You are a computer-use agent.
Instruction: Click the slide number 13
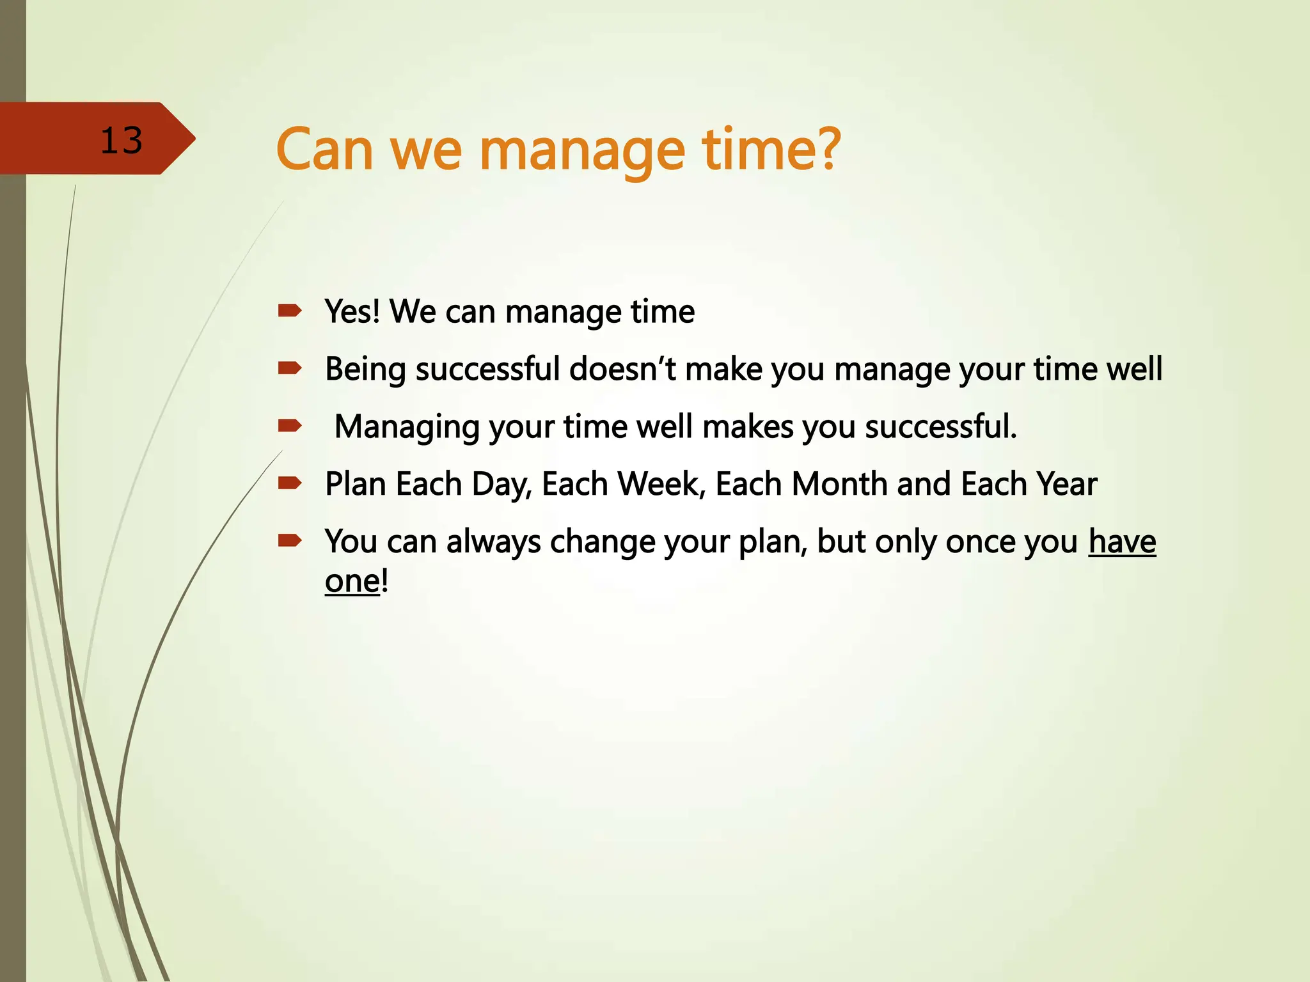(121, 141)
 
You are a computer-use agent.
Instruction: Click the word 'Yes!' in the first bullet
(352, 311)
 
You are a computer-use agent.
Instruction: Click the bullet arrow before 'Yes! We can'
(290, 311)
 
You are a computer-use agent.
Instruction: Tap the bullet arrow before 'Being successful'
(290, 368)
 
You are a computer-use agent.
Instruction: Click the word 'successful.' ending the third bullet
(940, 426)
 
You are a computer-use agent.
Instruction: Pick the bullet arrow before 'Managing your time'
(290, 425)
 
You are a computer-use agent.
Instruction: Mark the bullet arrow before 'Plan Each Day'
(290, 483)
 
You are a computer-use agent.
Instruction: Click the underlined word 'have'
(1122, 542)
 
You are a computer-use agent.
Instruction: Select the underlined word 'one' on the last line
(352, 582)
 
